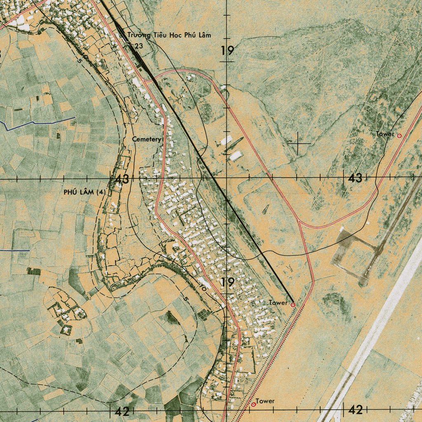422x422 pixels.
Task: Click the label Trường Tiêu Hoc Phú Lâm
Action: (x=169, y=35)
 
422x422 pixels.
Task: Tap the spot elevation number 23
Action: (x=138, y=46)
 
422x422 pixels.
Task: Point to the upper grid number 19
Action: (x=227, y=51)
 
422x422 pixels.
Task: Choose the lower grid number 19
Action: (x=227, y=283)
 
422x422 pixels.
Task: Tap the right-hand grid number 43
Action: (x=355, y=178)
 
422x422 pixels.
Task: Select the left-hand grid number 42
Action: (x=122, y=411)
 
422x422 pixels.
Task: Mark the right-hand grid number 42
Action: (x=355, y=410)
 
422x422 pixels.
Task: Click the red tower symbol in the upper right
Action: (x=399, y=135)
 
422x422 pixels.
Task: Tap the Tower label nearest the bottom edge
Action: (x=265, y=401)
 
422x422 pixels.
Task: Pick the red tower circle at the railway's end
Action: (x=293, y=305)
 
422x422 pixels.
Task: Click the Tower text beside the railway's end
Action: (x=278, y=303)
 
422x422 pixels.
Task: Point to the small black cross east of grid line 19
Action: (x=298, y=143)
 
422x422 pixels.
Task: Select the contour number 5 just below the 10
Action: (x=185, y=298)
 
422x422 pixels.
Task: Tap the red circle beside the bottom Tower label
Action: (x=253, y=405)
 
